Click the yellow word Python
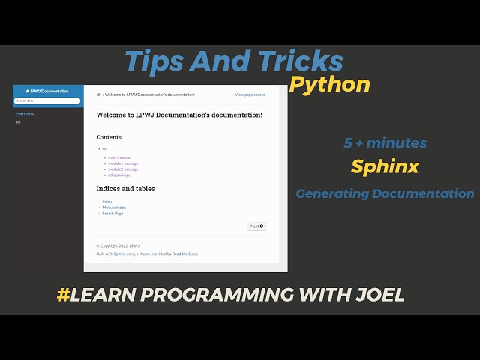click(330, 84)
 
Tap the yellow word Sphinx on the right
click(385, 166)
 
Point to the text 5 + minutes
click(385, 142)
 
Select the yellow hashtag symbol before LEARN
click(63, 295)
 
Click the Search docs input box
click(47, 100)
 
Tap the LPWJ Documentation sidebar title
click(47, 91)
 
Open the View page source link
click(250, 94)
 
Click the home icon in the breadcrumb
click(98, 94)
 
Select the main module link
click(118, 157)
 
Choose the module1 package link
click(122, 163)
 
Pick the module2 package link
click(122, 169)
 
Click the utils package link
click(119, 175)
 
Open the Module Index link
click(114, 208)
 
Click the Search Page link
click(112, 214)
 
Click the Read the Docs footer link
click(184, 253)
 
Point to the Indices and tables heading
click(125, 189)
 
